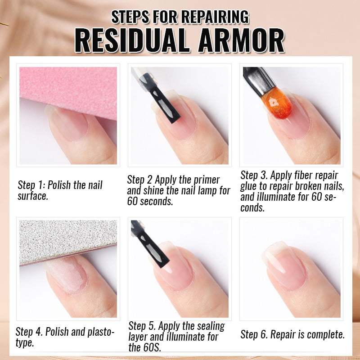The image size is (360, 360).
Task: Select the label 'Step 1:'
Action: coord(31,185)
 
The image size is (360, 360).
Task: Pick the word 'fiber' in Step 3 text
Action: coord(306,175)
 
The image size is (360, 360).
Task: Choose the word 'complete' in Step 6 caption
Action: coord(326,334)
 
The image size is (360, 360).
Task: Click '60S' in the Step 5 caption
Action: coord(153,347)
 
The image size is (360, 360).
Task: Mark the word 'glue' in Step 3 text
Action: coord(249,186)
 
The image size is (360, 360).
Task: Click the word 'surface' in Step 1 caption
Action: coord(31,196)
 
